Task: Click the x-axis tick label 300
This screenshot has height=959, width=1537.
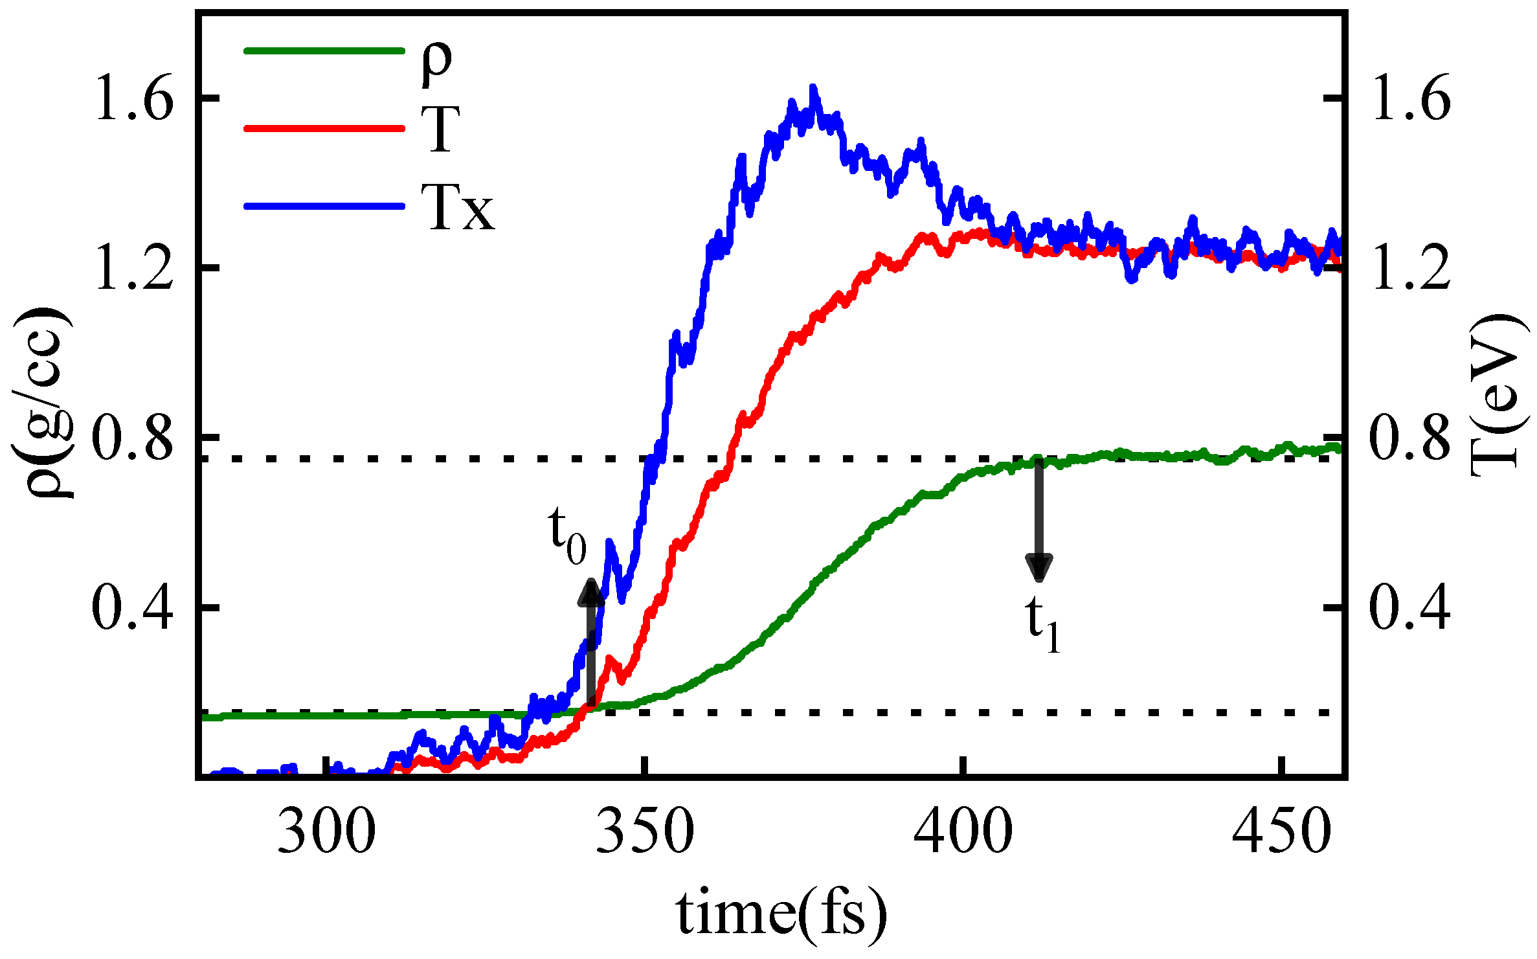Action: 326,831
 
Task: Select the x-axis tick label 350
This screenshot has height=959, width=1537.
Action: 645,831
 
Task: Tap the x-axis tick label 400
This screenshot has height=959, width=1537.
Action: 963,831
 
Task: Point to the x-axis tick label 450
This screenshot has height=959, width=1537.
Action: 1281,831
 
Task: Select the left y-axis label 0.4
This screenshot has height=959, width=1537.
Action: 133,608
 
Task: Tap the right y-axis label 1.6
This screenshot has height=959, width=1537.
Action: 1410,98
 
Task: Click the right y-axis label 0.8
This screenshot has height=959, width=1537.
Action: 1410,439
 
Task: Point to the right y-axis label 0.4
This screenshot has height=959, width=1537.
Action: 1410,608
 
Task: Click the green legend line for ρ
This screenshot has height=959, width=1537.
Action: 324,51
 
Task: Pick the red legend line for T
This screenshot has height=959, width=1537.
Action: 324,128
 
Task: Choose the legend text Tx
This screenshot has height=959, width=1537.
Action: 458,207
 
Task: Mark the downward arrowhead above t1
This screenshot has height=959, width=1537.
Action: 1039,566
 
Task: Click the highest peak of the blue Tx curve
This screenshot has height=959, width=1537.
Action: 813,88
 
